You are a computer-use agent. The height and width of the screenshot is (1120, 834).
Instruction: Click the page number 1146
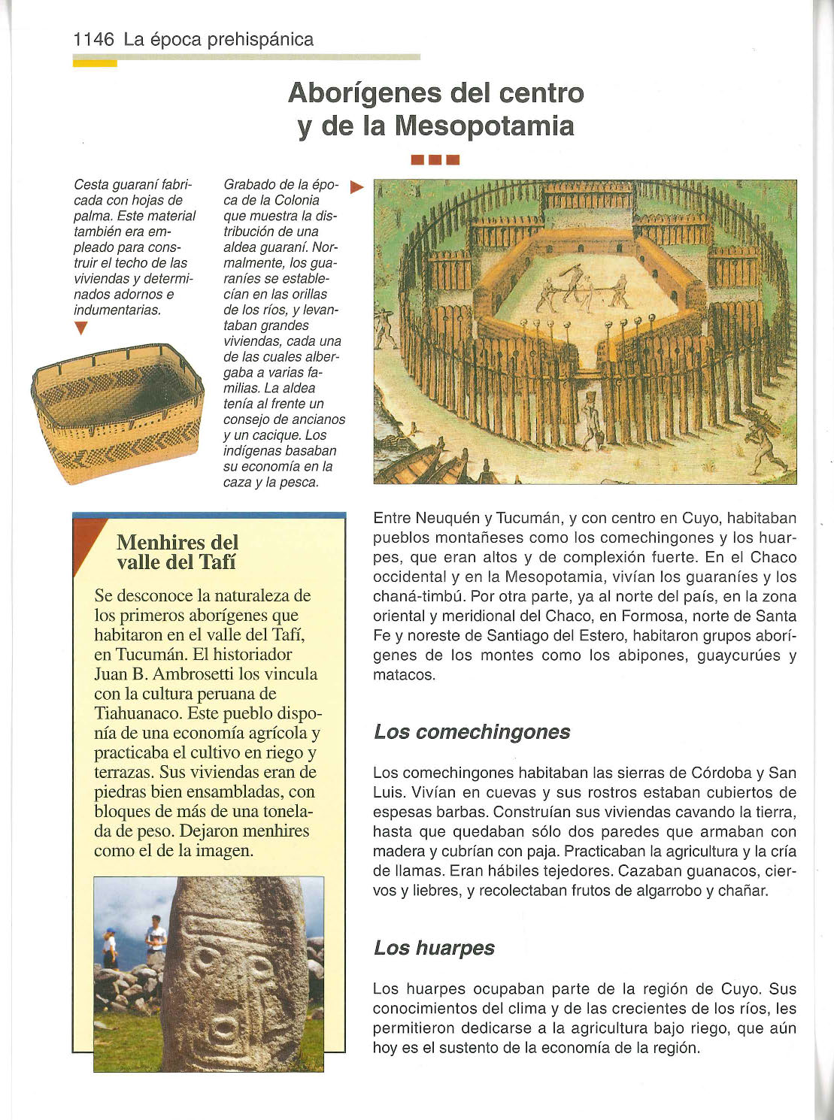pyautogui.click(x=93, y=39)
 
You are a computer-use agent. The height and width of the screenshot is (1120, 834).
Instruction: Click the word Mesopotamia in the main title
pyautogui.click(x=485, y=125)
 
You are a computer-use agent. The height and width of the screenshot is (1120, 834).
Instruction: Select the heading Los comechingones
pyautogui.click(x=472, y=731)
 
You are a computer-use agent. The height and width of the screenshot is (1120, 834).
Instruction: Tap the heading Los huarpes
pyautogui.click(x=434, y=947)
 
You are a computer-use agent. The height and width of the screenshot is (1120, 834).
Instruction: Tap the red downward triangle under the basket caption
pyautogui.click(x=81, y=328)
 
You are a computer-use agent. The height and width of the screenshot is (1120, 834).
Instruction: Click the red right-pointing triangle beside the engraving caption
pyautogui.click(x=357, y=186)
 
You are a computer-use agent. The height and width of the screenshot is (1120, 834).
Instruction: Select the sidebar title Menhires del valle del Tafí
pyautogui.click(x=177, y=552)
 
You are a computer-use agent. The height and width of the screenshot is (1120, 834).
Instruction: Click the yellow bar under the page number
pyautogui.click(x=95, y=63)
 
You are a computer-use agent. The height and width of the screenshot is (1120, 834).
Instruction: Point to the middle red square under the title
pyautogui.click(x=435, y=159)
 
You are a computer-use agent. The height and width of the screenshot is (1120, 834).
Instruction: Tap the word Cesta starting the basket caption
pyautogui.click(x=90, y=185)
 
